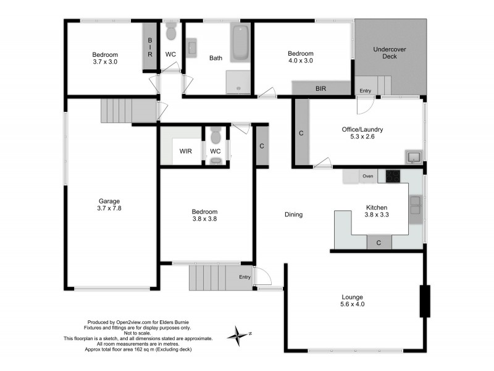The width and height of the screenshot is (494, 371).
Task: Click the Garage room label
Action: (x=110, y=205)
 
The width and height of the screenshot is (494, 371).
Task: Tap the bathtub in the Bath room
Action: (x=240, y=43)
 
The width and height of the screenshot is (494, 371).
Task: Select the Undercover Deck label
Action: (x=390, y=53)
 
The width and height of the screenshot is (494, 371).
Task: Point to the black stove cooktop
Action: (x=394, y=176)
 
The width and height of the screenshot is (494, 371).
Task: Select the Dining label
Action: (x=293, y=215)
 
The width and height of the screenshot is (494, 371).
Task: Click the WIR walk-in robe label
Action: (x=185, y=151)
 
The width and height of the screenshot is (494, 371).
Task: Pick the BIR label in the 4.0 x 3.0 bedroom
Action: (x=320, y=89)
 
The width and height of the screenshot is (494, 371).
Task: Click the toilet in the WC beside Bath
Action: (x=172, y=30)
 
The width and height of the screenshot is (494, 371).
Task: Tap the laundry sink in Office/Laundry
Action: (x=413, y=157)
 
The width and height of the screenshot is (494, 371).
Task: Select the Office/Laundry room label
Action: (x=362, y=133)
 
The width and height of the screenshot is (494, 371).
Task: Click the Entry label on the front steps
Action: (x=245, y=277)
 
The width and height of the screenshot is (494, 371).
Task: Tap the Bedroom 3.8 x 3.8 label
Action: (x=204, y=215)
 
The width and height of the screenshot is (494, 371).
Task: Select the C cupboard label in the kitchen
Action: (x=379, y=243)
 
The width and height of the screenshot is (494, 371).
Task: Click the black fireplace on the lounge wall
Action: (x=425, y=301)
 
